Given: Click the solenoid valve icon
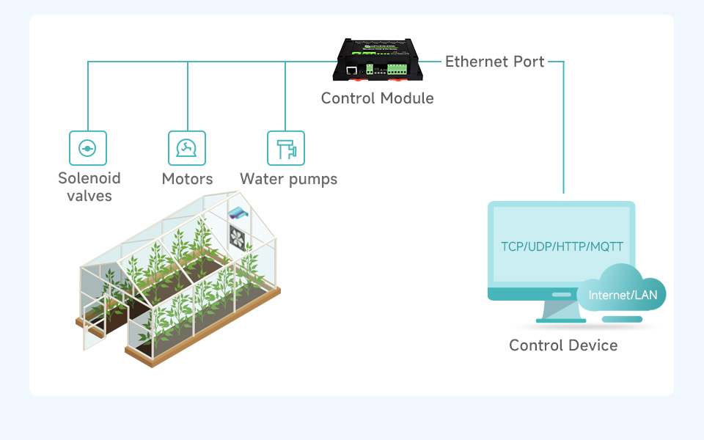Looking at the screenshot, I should (x=88, y=149).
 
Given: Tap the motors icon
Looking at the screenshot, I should (x=187, y=149).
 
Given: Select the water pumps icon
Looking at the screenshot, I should (x=286, y=149).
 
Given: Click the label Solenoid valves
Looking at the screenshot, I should (x=89, y=187).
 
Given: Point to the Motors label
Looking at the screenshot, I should (x=187, y=179).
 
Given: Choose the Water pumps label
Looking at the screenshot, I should (x=288, y=179).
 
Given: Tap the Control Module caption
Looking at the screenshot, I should (x=377, y=98).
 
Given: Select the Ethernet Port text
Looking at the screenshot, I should (x=495, y=62).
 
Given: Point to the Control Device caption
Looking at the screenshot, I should (x=563, y=345).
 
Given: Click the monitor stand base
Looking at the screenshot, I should (x=562, y=320).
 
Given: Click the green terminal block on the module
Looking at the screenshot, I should (x=397, y=69).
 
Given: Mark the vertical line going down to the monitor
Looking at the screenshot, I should (x=563, y=132).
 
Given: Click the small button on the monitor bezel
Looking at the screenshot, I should (x=561, y=294).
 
